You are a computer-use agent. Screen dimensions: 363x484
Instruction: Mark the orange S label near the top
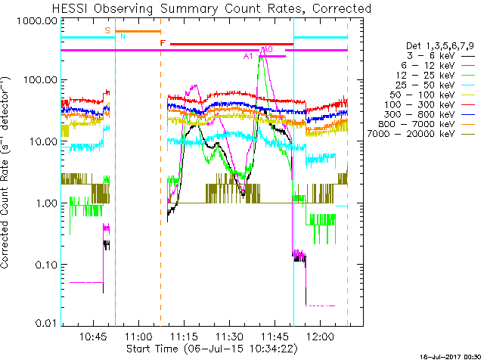[107, 29]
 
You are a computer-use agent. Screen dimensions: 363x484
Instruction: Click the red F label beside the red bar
[163, 44]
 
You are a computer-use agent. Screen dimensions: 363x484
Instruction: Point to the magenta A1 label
[247, 57]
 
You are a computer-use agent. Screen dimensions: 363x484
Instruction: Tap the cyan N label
[123, 36]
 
